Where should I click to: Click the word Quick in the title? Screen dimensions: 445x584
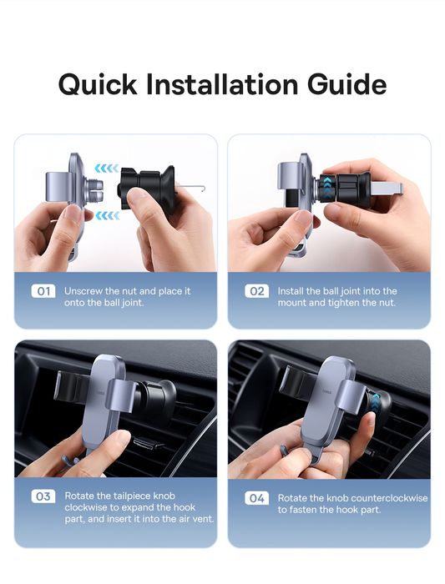click(x=98, y=84)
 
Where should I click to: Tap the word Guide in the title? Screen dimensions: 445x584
click(x=347, y=83)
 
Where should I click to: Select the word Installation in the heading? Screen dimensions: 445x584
click(x=222, y=83)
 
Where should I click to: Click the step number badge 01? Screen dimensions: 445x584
click(x=43, y=291)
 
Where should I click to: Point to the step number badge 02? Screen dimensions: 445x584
click(x=257, y=291)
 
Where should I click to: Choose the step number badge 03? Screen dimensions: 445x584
click(x=43, y=496)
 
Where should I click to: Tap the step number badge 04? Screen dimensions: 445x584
click(x=257, y=498)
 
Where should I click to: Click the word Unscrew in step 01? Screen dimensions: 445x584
click(x=83, y=291)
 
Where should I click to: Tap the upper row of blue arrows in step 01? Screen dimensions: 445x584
click(x=107, y=169)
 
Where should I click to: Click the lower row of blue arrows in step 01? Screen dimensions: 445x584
click(x=108, y=215)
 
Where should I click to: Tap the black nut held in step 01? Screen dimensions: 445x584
click(x=146, y=188)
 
